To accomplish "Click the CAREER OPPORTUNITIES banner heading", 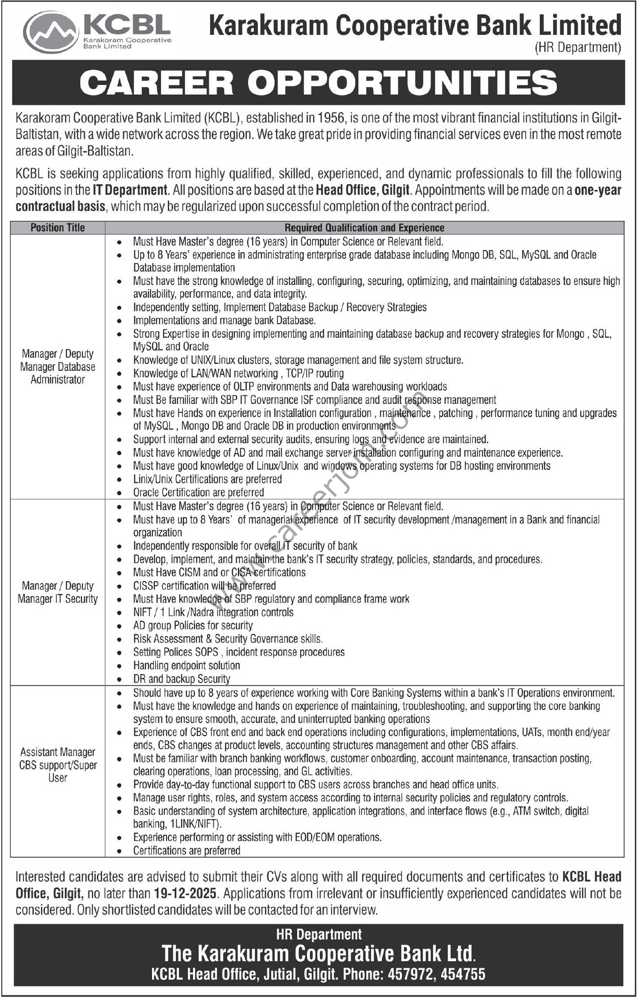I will [318, 82].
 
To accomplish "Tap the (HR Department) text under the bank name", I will [577, 48].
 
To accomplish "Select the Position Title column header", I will [58, 228].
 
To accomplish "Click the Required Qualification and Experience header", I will [364, 228].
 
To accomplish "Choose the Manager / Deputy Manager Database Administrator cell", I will [58, 366].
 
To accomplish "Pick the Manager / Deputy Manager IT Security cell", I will [58, 592].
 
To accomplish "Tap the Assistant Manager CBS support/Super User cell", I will [58, 765].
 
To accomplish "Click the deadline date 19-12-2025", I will [185, 893].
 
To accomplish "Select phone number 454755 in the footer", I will [463, 974].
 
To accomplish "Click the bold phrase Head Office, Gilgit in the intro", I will [363, 190].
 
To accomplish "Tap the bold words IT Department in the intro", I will [130, 190].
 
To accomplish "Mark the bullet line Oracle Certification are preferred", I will [199, 492].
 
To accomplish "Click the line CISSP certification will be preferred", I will [204, 586].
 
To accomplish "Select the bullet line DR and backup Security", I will [182, 679].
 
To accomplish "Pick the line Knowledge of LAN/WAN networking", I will [238, 373].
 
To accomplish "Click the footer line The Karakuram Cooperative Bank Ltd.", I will [319, 954].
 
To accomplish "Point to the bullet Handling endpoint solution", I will [186, 665].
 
